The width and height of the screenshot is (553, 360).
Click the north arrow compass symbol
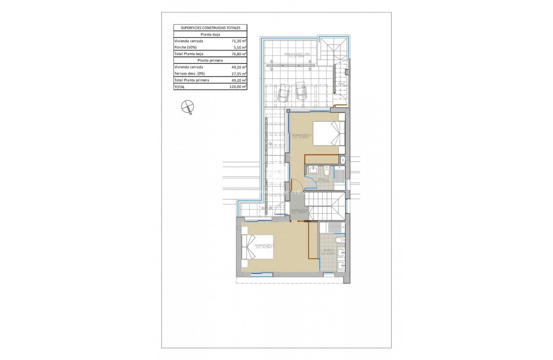point(186,107)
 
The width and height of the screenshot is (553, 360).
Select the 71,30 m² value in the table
point(239,41)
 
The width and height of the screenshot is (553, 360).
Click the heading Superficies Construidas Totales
point(210,28)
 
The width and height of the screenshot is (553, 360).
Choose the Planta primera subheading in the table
point(210,60)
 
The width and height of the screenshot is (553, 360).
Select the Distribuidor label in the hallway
point(300,212)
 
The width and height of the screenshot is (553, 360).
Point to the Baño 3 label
point(323,180)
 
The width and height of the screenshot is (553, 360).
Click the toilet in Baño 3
point(326,171)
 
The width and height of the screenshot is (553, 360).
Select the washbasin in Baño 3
point(313,170)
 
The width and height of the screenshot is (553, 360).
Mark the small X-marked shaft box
point(343,160)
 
